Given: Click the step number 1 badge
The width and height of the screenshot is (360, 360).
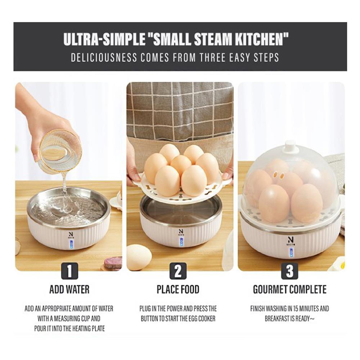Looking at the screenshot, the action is pyautogui.click(x=69, y=271).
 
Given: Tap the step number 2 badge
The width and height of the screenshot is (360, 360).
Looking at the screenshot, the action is pyautogui.click(x=178, y=271).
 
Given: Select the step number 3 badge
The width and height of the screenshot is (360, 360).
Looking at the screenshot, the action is pyautogui.click(x=289, y=271).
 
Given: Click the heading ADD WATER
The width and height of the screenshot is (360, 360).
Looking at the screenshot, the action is pyautogui.click(x=69, y=289).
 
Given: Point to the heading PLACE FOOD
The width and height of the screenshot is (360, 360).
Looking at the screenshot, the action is pyautogui.click(x=178, y=289).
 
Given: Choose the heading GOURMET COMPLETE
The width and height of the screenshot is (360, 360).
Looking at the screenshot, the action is pyautogui.click(x=289, y=289).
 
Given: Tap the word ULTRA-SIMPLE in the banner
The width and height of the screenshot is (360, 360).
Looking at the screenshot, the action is pyautogui.click(x=104, y=40).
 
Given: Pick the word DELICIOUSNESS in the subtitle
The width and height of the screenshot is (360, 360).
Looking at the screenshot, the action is pyautogui.click(x=104, y=57).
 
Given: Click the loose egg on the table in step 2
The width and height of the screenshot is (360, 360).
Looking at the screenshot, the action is pyautogui.click(x=139, y=257).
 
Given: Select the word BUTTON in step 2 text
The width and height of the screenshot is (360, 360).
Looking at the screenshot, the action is pyautogui.click(x=149, y=319).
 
